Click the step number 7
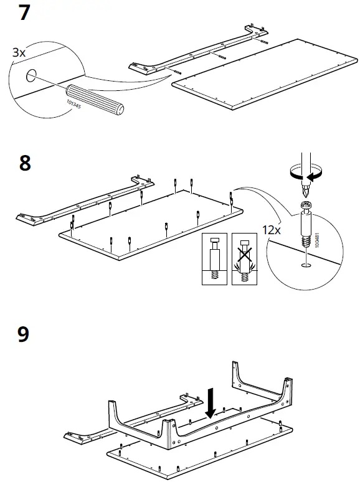24,12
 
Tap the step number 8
25,163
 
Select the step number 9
24,334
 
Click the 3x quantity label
19,52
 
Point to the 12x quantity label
271,230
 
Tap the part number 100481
317,240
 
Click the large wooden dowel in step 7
95,99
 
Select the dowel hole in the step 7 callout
31,75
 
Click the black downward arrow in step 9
211,404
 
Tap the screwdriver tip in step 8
306,191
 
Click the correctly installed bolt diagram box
214,259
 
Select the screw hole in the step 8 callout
306,265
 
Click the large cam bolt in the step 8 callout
306,224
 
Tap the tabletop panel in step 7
265,74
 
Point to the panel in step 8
151,225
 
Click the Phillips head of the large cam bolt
306,204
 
